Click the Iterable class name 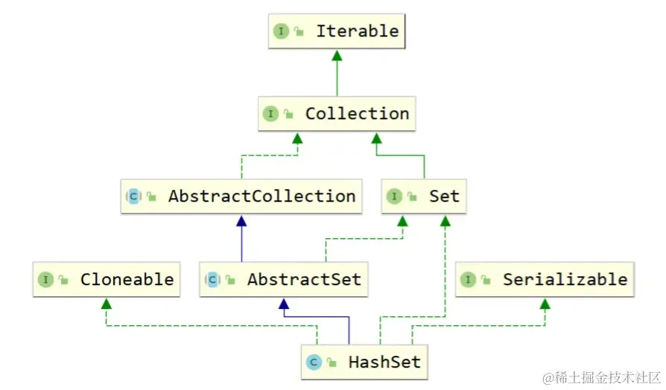tap(357, 31)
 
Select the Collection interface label tap(357, 114)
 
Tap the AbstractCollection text tap(261, 196)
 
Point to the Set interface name tap(444, 196)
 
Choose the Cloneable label tap(127, 280)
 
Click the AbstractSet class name tap(304, 280)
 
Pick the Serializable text tap(565, 280)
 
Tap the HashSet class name tap(384, 362)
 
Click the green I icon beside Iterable tap(281, 31)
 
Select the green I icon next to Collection tap(270, 114)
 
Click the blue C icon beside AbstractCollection tap(133, 196)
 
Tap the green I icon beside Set tap(393, 196)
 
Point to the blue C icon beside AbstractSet tap(212, 280)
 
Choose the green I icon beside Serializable tap(468, 280)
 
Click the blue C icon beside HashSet tap(314, 362)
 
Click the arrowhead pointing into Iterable tap(337, 56)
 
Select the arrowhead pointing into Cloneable tap(107, 304)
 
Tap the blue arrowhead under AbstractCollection tap(241, 221)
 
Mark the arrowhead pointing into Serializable tap(545, 304)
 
